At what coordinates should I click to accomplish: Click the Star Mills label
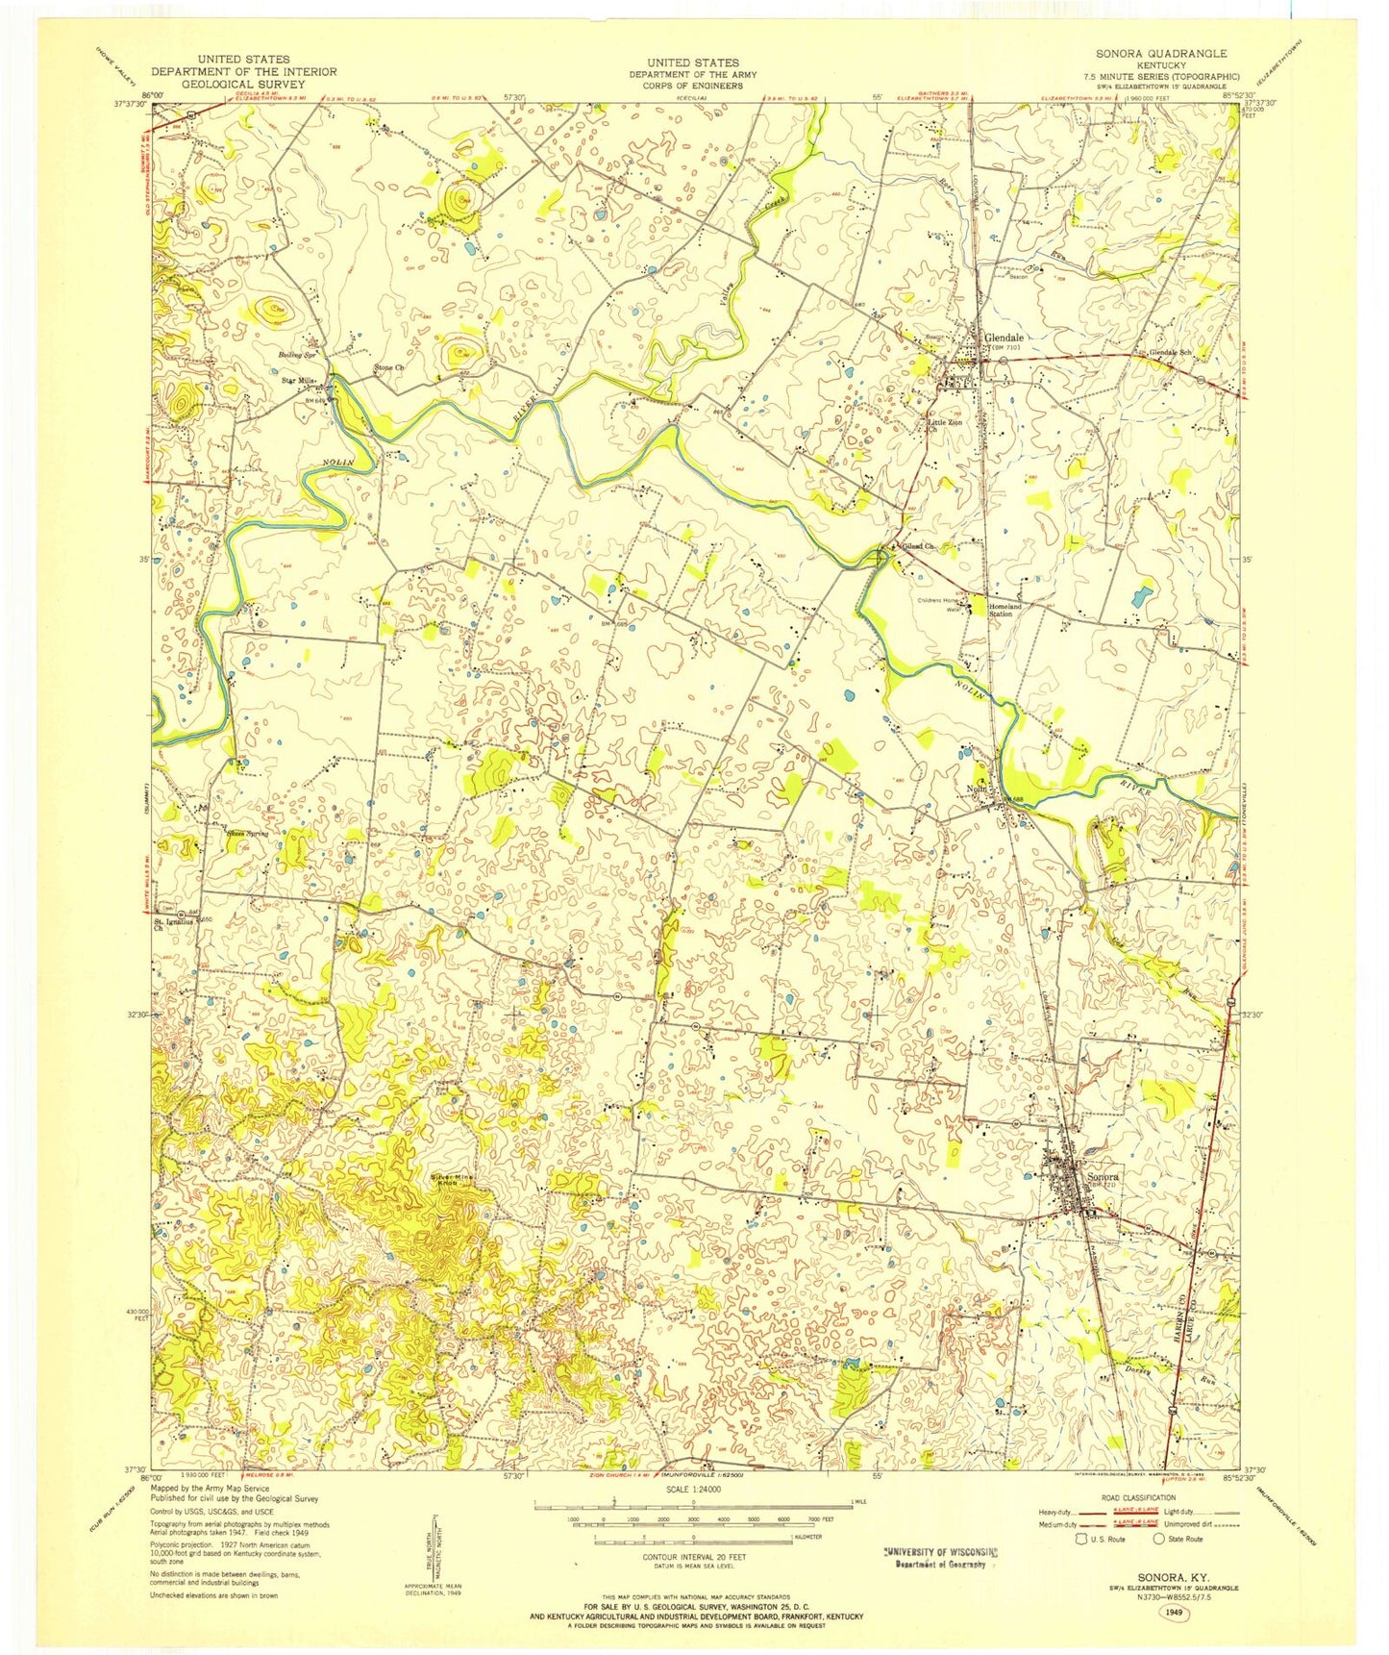(x=299, y=381)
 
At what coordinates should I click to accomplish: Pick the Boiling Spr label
(x=298, y=355)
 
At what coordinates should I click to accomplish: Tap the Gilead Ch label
(x=918, y=546)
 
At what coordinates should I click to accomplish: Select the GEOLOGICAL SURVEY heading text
(x=243, y=84)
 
